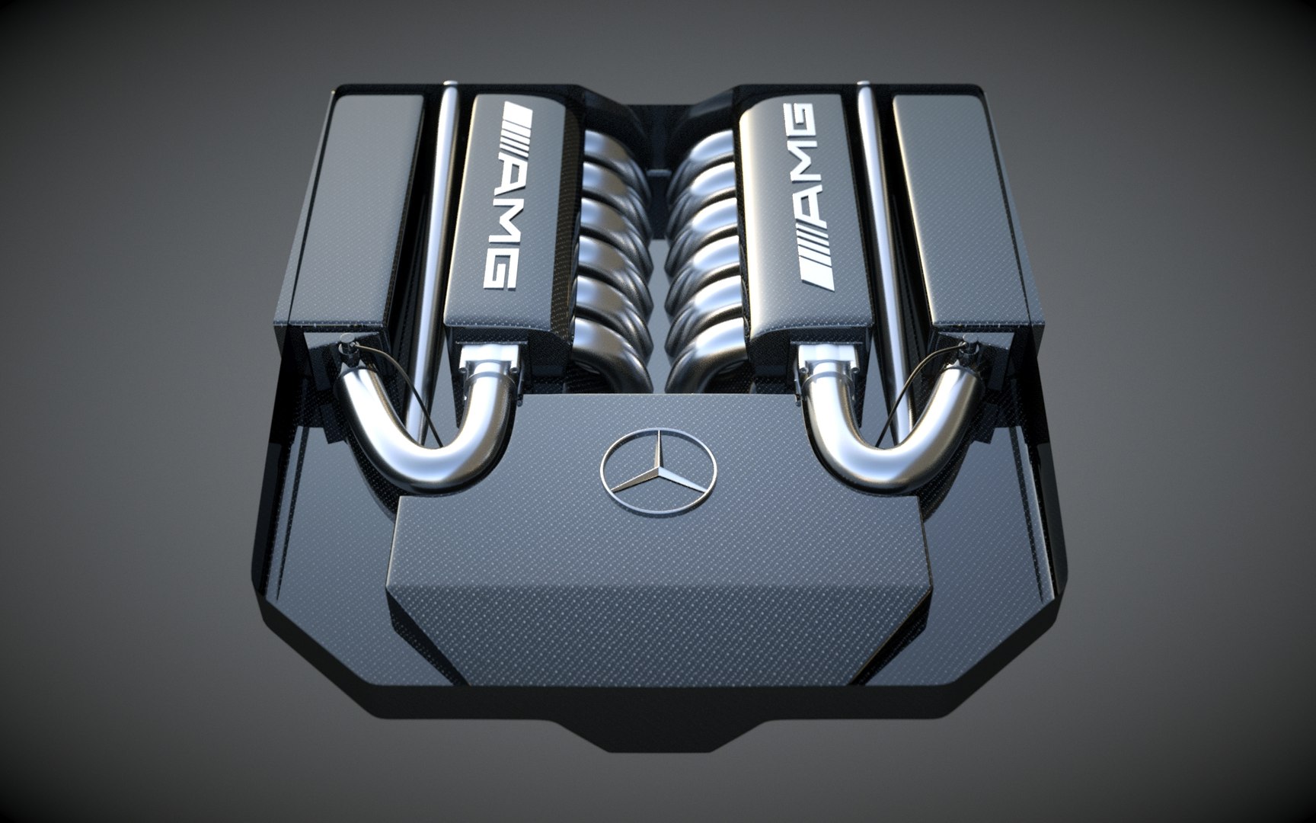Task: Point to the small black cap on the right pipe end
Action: [x=968, y=351]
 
